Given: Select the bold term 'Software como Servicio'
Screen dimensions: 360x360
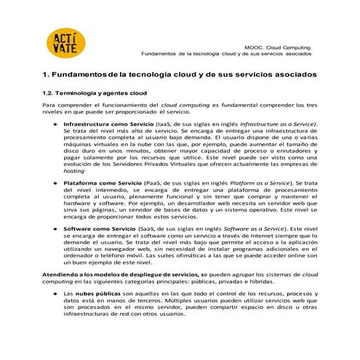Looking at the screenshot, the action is [95, 228].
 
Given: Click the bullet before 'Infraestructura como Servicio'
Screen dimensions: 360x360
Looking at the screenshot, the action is [55, 125].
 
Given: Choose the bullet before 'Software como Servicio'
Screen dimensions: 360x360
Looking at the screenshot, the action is [55, 228].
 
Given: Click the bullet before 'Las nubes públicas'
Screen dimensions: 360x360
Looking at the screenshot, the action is [55, 292].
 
